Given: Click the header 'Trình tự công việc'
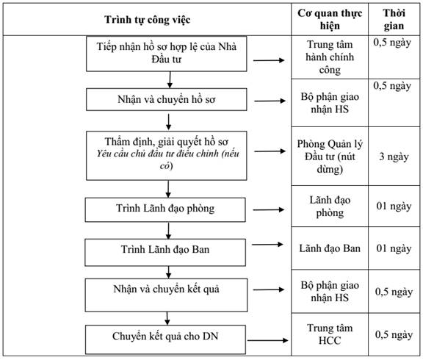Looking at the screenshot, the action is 148,20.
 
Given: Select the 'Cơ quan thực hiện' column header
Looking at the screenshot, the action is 330,19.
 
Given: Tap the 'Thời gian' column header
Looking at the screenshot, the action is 394,19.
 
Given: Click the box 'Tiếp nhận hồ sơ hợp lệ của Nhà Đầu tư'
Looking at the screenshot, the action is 167,54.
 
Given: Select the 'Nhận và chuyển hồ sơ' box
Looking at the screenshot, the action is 167,99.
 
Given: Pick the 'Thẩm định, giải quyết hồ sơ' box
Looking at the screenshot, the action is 167,156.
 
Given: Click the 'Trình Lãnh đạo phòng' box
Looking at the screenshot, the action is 165,209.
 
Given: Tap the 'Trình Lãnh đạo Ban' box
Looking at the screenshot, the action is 165,252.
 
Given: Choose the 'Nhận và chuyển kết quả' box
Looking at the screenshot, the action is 166,295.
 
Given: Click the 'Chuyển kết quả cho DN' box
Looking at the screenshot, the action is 166,339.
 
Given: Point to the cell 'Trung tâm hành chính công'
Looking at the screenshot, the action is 330,57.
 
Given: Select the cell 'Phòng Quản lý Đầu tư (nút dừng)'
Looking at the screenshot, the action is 330,156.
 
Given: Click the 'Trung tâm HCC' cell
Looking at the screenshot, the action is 330,334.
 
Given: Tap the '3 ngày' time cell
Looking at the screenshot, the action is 394,156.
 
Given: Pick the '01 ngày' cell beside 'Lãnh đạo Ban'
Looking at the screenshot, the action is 394,248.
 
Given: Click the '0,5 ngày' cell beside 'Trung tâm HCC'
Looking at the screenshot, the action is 394,334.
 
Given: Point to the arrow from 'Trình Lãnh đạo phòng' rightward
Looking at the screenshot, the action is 269,209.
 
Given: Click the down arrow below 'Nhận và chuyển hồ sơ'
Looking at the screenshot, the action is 169,122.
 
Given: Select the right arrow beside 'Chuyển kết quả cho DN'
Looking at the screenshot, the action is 268,340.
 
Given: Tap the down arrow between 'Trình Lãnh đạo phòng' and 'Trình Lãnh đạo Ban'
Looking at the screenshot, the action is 169,231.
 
